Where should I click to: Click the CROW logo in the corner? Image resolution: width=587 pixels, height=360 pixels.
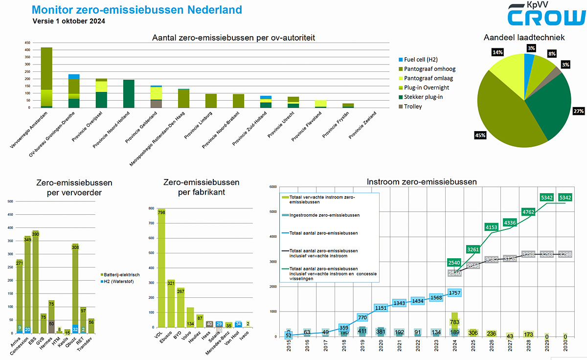(x=545, y=15)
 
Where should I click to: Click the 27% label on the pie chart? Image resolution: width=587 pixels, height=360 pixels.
(x=579, y=111)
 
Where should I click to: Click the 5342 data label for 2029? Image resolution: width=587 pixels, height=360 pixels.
(x=546, y=197)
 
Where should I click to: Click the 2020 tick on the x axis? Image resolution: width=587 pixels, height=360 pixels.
(x=381, y=349)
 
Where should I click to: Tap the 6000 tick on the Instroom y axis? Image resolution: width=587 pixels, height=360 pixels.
(x=272, y=187)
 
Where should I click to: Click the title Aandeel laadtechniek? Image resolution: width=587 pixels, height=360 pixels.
(x=524, y=37)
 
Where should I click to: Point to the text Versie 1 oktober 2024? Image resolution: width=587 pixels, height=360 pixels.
(x=68, y=21)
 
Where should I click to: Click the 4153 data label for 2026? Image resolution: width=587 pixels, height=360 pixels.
(x=491, y=227)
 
